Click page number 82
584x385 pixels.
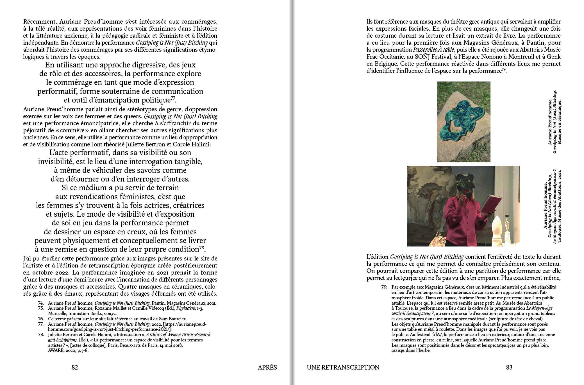coord(74,367)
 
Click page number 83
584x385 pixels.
coord(509,367)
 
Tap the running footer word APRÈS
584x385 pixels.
coord(267,367)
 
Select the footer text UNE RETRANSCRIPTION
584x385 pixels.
coord(343,367)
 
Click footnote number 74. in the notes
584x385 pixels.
coord(41,303)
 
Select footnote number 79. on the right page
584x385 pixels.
coord(384,287)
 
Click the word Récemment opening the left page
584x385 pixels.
coord(40,22)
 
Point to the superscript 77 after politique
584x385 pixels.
coord(173,98)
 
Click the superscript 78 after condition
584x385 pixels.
coord(201,247)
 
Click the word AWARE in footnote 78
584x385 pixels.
coord(56,350)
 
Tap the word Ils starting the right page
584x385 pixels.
coord(371,22)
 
